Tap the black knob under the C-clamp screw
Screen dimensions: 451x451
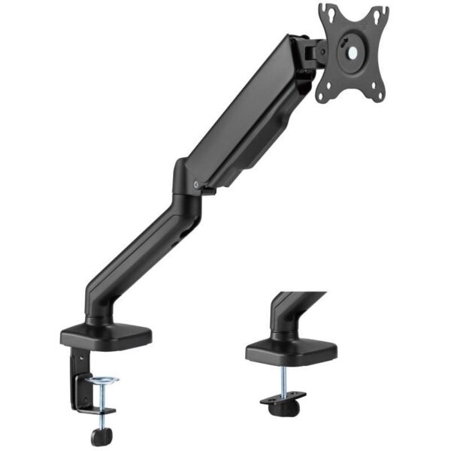click(99, 436)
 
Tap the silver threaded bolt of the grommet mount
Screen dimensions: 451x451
click(286, 380)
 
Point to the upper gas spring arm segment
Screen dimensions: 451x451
click(241, 113)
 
